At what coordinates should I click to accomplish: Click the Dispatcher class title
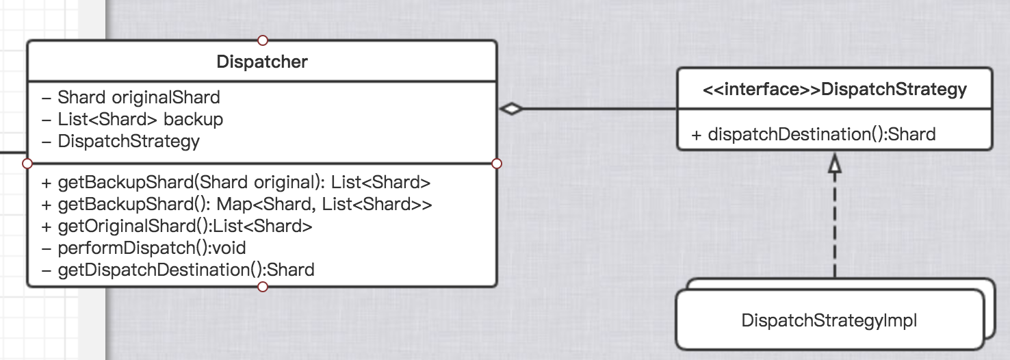click(262, 62)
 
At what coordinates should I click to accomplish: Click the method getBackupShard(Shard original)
click(235, 182)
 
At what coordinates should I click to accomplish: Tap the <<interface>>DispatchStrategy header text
click(835, 89)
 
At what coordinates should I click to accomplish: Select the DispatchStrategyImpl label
click(829, 320)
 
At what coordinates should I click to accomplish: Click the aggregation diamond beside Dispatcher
click(511, 109)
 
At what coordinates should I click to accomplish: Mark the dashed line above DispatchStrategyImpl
click(834, 226)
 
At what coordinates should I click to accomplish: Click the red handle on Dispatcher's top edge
click(262, 40)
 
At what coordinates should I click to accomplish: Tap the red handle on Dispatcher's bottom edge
click(262, 287)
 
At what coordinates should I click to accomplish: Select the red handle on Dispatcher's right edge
click(497, 164)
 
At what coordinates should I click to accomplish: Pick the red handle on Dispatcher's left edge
click(27, 164)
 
